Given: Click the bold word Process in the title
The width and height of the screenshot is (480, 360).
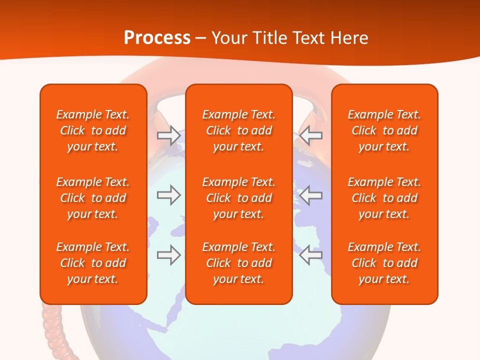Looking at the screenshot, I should point(157,38).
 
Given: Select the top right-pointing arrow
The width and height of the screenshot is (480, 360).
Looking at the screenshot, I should point(168,135).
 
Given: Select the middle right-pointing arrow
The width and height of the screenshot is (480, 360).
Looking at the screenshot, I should point(168,195).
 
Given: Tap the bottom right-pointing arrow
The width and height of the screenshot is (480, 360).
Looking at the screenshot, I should point(168,255).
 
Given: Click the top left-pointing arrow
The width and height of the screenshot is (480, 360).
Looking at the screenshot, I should point(311,135).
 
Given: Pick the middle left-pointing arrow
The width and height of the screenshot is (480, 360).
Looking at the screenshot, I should point(311,195).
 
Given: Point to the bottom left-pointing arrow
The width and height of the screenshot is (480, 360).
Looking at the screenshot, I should point(311,255).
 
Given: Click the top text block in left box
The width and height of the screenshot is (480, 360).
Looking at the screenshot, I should point(93,130).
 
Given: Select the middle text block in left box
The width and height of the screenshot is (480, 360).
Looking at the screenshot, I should point(93,198).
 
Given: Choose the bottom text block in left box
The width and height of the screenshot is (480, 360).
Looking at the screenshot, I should point(93,263).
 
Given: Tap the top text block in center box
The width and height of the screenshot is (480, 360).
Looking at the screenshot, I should point(238,130).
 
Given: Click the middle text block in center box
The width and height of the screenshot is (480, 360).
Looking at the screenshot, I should point(238,198).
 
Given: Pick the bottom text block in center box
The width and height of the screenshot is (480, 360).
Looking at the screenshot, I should point(238,263).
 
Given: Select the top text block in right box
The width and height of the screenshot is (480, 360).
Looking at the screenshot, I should point(384,130).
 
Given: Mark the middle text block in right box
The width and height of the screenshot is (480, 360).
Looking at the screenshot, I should point(384,198).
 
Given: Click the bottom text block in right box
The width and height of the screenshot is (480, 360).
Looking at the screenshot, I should point(384,263).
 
